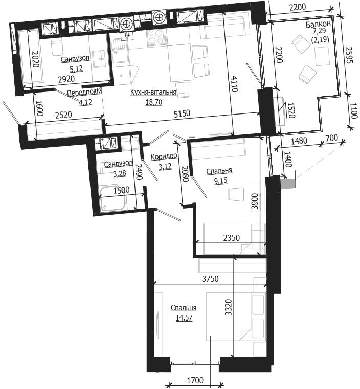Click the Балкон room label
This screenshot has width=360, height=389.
click(318, 24)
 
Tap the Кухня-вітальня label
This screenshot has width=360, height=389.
click(153, 93)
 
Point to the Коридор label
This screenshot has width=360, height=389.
click(164, 156)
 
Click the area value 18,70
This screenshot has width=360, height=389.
click(153, 102)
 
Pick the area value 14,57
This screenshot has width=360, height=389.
click(184, 318)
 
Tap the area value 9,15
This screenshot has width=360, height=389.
click(220, 181)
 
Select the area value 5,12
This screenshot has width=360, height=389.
click(76, 68)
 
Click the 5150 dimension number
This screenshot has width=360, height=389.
click(182, 113)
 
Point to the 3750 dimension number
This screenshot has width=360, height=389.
click(210, 279)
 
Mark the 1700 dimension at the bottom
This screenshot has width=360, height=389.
click(195, 380)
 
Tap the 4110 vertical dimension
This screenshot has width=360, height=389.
click(234, 84)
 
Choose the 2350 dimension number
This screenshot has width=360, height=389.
click(232, 238)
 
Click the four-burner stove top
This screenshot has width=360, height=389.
click(156, 38)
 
